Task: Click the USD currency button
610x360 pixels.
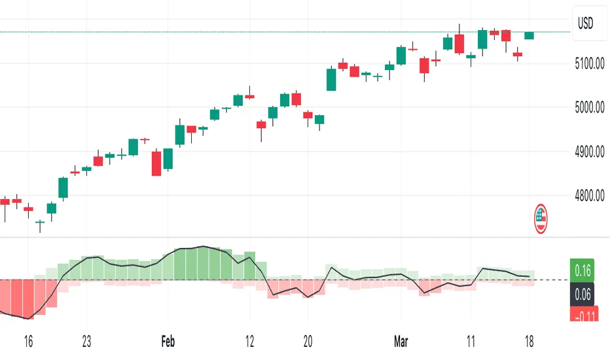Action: pyautogui.click(x=584, y=24)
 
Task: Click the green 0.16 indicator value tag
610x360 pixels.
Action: pyautogui.click(x=583, y=268)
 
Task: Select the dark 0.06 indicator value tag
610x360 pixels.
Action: pyautogui.click(x=583, y=295)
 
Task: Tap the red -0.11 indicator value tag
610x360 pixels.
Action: pyautogui.click(x=583, y=317)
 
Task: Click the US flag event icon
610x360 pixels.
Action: pyautogui.click(x=541, y=219)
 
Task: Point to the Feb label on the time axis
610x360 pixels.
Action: pyautogui.click(x=168, y=341)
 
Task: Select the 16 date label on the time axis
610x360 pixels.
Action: pyautogui.click(x=27, y=341)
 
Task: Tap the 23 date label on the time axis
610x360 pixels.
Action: pyautogui.click(x=86, y=341)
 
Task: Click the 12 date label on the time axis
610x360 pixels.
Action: pyautogui.click(x=249, y=341)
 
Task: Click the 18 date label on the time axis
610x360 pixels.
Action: pyautogui.click(x=529, y=341)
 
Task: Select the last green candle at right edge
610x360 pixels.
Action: pyautogui.click(x=529, y=35)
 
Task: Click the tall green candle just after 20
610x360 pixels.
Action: pyautogui.click(x=331, y=79)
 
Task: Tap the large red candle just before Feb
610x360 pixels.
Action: pyautogui.click(x=156, y=163)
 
